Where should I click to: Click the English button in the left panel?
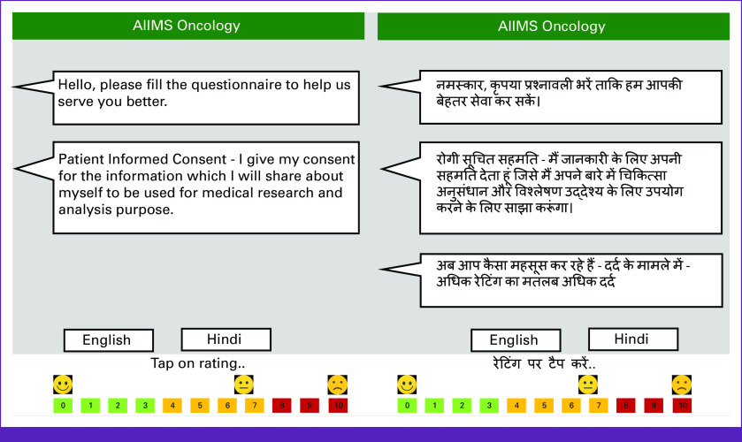pyautogui.click(x=109, y=340)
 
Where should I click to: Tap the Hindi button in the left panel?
pyautogui.click(x=226, y=339)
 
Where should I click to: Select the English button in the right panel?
pyautogui.click(x=516, y=340)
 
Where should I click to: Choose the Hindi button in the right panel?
pyautogui.click(x=633, y=339)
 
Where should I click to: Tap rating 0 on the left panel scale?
pyautogui.click(x=63, y=406)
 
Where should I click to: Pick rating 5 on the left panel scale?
pyautogui.click(x=200, y=406)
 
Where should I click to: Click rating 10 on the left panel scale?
pyautogui.click(x=338, y=406)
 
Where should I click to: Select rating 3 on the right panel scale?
pyautogui.click(x=489, y=406)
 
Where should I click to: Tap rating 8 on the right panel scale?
pyautogui.click(x=625, y=406)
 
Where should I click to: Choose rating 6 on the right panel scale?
pyautogui.click(x=571, y=406)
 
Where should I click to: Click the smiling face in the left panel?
pyautogui.click(x=63, y=385)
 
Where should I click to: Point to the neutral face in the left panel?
pyautogui.click(x=244, y=385)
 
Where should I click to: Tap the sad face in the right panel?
pyautogui.click(x=682, y=385)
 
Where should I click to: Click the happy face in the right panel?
pyautogui.click(x=407, y=385)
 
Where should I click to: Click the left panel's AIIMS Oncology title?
pyautogui.click(x=187, y=26)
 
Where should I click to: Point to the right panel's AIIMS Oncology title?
pyautogui.click(x=552, y=26)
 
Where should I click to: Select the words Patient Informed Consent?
pyautogui.click(x=142, y=159)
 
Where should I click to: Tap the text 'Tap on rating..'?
pyautogui.click(x=198, y=363)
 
